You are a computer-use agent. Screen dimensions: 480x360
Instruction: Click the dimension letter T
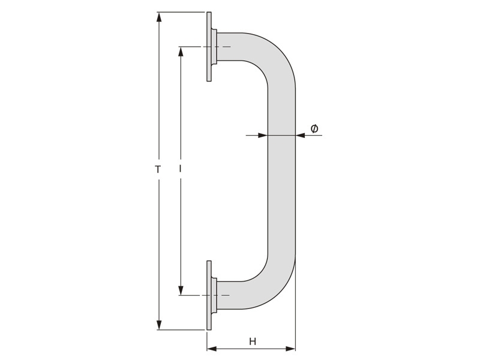(158, 169)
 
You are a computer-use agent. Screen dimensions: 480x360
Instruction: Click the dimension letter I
(181, 169)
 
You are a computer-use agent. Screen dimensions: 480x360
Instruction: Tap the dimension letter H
(252, 341)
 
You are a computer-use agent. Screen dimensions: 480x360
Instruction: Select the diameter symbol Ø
(314, 129)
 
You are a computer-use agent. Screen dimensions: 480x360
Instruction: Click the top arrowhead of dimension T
(158, 17)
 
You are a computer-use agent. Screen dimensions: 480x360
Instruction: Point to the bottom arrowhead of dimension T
(158, 325)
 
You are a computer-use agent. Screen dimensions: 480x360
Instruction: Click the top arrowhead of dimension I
(181, 52)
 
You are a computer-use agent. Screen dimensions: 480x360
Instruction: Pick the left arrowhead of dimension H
(212, 349)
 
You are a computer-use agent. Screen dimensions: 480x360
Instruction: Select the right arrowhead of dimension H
(290, 349)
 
